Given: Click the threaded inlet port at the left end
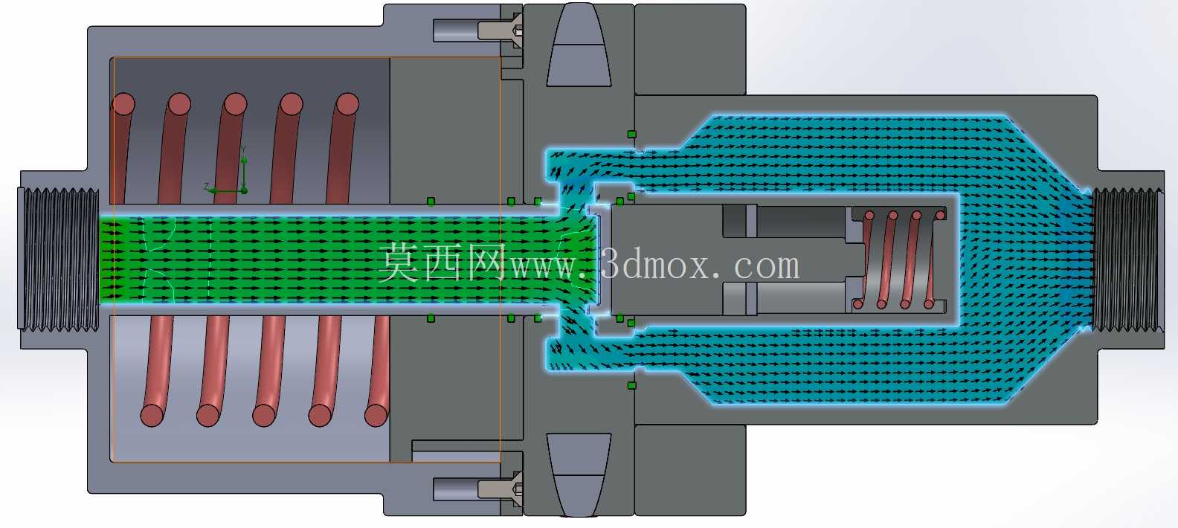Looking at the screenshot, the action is pos(59,260).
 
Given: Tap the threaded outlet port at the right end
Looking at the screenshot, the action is pos(1127,260).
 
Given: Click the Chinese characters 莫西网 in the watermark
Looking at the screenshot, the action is pos(442,262).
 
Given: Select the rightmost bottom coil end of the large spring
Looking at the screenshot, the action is pos(376,415).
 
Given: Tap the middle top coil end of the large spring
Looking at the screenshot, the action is pos(234,104).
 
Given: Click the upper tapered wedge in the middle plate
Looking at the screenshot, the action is pos(579,45).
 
